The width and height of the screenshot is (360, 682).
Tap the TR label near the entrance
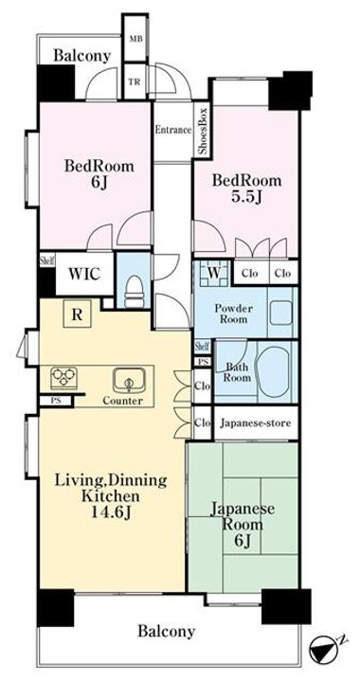[x=135, y=81]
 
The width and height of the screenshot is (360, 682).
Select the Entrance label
[x=173, y=130]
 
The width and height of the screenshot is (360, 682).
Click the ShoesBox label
[x=202, y=131]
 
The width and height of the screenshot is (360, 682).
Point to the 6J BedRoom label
[x=99, y=175]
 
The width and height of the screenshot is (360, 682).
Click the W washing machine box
[x=214, y=274]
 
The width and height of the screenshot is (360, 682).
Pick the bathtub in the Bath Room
[x=274, y=369]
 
